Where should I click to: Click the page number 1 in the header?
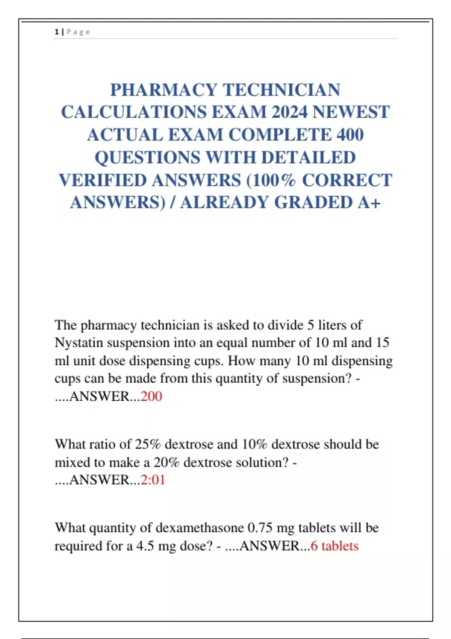pyautogui.click(x=57, y=32)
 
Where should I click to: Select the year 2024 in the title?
pyautogui.click(x=289, y=112)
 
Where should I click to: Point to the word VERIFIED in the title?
pyautogui.click(x=103, y=180)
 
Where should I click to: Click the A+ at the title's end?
pyautogui.click(x=369, y=203)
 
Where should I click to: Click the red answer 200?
pyautogui.click(x=151, y=396)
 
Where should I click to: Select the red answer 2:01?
pyautogui.click(x=153, y=480)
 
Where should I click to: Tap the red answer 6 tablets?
pyautogui.click(x=334, y=546)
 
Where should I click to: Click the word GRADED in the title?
pyautogui.click(x=313, y=203)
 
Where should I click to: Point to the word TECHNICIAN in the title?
pyautogui.click(x=282, y=90)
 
